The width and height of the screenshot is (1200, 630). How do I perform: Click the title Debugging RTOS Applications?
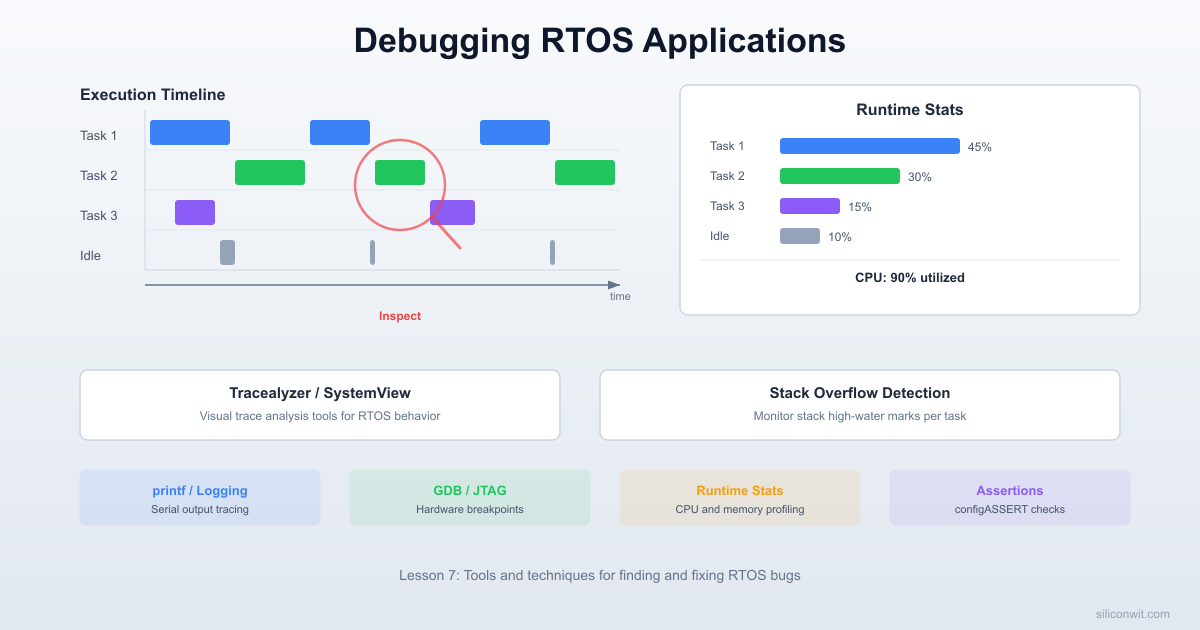coord(600,40)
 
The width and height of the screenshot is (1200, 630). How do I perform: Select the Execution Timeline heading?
coord(152,95)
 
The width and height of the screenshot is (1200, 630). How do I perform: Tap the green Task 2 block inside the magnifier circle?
coord(400,173)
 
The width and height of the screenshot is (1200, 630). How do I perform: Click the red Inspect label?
coord(399,316)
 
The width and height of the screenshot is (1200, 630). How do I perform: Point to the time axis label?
coord(620,297)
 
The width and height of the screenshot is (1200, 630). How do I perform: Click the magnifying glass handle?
coord(446,235)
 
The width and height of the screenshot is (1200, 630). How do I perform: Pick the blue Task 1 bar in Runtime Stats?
coord(869,146)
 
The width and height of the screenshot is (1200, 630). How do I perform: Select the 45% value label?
coord(979,147)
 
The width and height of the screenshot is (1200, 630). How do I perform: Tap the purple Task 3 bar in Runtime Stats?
coord(809,206)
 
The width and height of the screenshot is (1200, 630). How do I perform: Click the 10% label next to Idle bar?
coord(839,237)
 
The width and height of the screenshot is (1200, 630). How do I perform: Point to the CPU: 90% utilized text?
coord(909,278)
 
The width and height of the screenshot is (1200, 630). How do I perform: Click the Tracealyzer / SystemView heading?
coord(319,393)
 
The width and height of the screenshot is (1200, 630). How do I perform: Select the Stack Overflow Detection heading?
coord(859,393)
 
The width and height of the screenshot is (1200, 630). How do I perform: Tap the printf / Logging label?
coord(200,491)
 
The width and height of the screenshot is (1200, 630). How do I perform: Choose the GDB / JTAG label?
coord(469,491)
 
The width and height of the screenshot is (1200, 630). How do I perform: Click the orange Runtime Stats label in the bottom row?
coord(739,491)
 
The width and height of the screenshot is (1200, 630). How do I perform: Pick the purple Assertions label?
coord(1009,491)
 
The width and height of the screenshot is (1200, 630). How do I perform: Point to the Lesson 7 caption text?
coord(600,575)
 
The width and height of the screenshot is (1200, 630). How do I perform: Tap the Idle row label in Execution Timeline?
coord(90,256)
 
